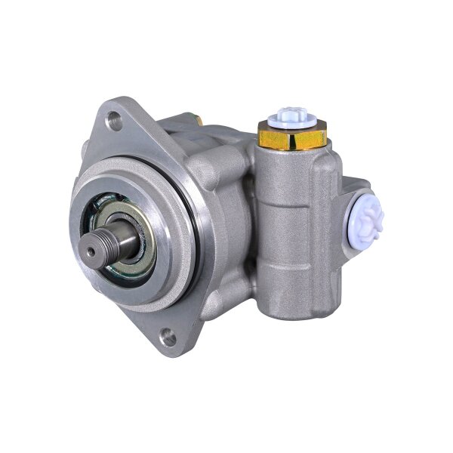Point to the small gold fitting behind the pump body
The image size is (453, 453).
[x=198, y=119]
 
